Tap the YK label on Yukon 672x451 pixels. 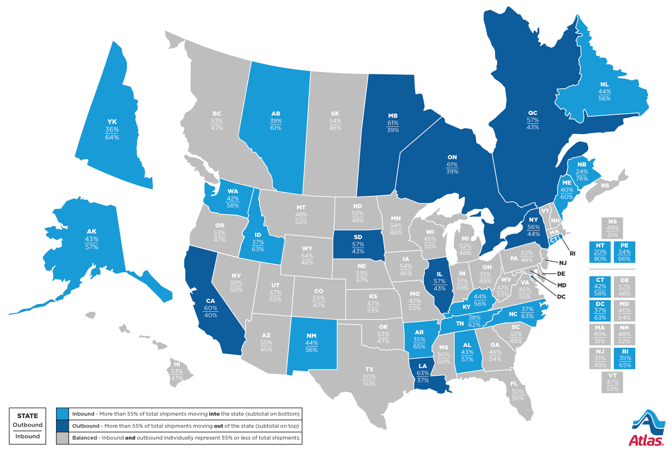tap(112, 122)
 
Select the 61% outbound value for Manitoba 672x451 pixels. tap(393, 123)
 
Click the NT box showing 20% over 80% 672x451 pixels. tap(600, 252)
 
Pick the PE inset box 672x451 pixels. tap(624, 252)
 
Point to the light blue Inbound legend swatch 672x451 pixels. tap(62, 414)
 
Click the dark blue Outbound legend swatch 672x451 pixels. tap(62, 426)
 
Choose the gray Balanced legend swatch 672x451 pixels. tap(62, 438)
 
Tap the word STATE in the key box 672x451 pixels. tap(28, 416)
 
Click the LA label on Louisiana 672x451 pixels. tap(423, 366)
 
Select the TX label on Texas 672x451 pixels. tap(369, 369)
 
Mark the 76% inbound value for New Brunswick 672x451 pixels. tap(582, 179)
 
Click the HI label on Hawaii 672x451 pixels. tap(177, 364)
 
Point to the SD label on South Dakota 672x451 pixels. tap(358, 237)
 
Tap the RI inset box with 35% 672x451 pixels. tap(625, 358)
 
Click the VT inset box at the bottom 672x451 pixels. tap(612, 382)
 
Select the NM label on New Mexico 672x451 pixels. tap(311, 336)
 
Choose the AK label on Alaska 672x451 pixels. tap(91, 231)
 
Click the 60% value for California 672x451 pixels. tap(211, 308)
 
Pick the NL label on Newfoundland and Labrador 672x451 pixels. tap(604, 84)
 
